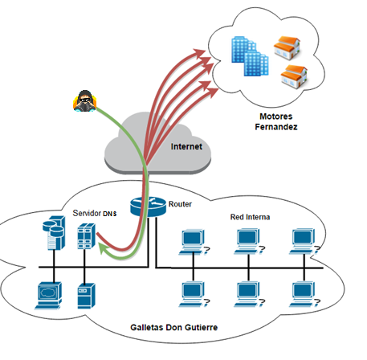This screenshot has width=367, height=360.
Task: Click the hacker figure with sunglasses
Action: click(x=84, y=101)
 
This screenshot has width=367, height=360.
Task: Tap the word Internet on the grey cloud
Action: click(x=186, y=146)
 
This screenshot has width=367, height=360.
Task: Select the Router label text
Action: click(x=180, y=204)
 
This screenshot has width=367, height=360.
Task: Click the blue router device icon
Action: click(x=148, y=207)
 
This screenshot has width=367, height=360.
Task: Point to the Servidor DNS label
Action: click(x=95, y=213)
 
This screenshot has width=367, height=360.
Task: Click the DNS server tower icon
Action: click(x=86, y=236)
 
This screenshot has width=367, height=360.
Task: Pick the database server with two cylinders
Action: click(x=54, y=233)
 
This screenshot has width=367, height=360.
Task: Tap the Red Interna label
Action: click(x=250, y=217)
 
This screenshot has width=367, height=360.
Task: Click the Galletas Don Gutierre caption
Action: click(x=173, y=327)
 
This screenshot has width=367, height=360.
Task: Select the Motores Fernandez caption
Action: click(x=276, y=121)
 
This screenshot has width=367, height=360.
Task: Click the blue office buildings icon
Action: click(x=250, y=56)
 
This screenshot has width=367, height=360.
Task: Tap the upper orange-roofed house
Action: click(x=287, y=48)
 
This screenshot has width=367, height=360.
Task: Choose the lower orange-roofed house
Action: click(x=294, y=76)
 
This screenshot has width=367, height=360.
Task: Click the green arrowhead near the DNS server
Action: click(x=104, y=247)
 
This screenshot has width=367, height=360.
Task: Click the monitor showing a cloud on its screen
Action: click(x=49, y=296)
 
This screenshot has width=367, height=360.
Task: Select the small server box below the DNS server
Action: click(x=86, y=296)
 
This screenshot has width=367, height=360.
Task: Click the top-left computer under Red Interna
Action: click(x=194, y=241)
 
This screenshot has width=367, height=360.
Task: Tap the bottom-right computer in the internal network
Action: click(x=304, y=294)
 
